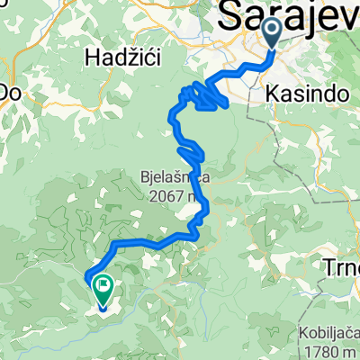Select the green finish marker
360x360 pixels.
[102, 292]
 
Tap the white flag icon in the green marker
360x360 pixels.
[102, 290]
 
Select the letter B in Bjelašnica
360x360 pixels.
[144, 176]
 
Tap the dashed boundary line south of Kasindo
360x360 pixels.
[302, 126]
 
